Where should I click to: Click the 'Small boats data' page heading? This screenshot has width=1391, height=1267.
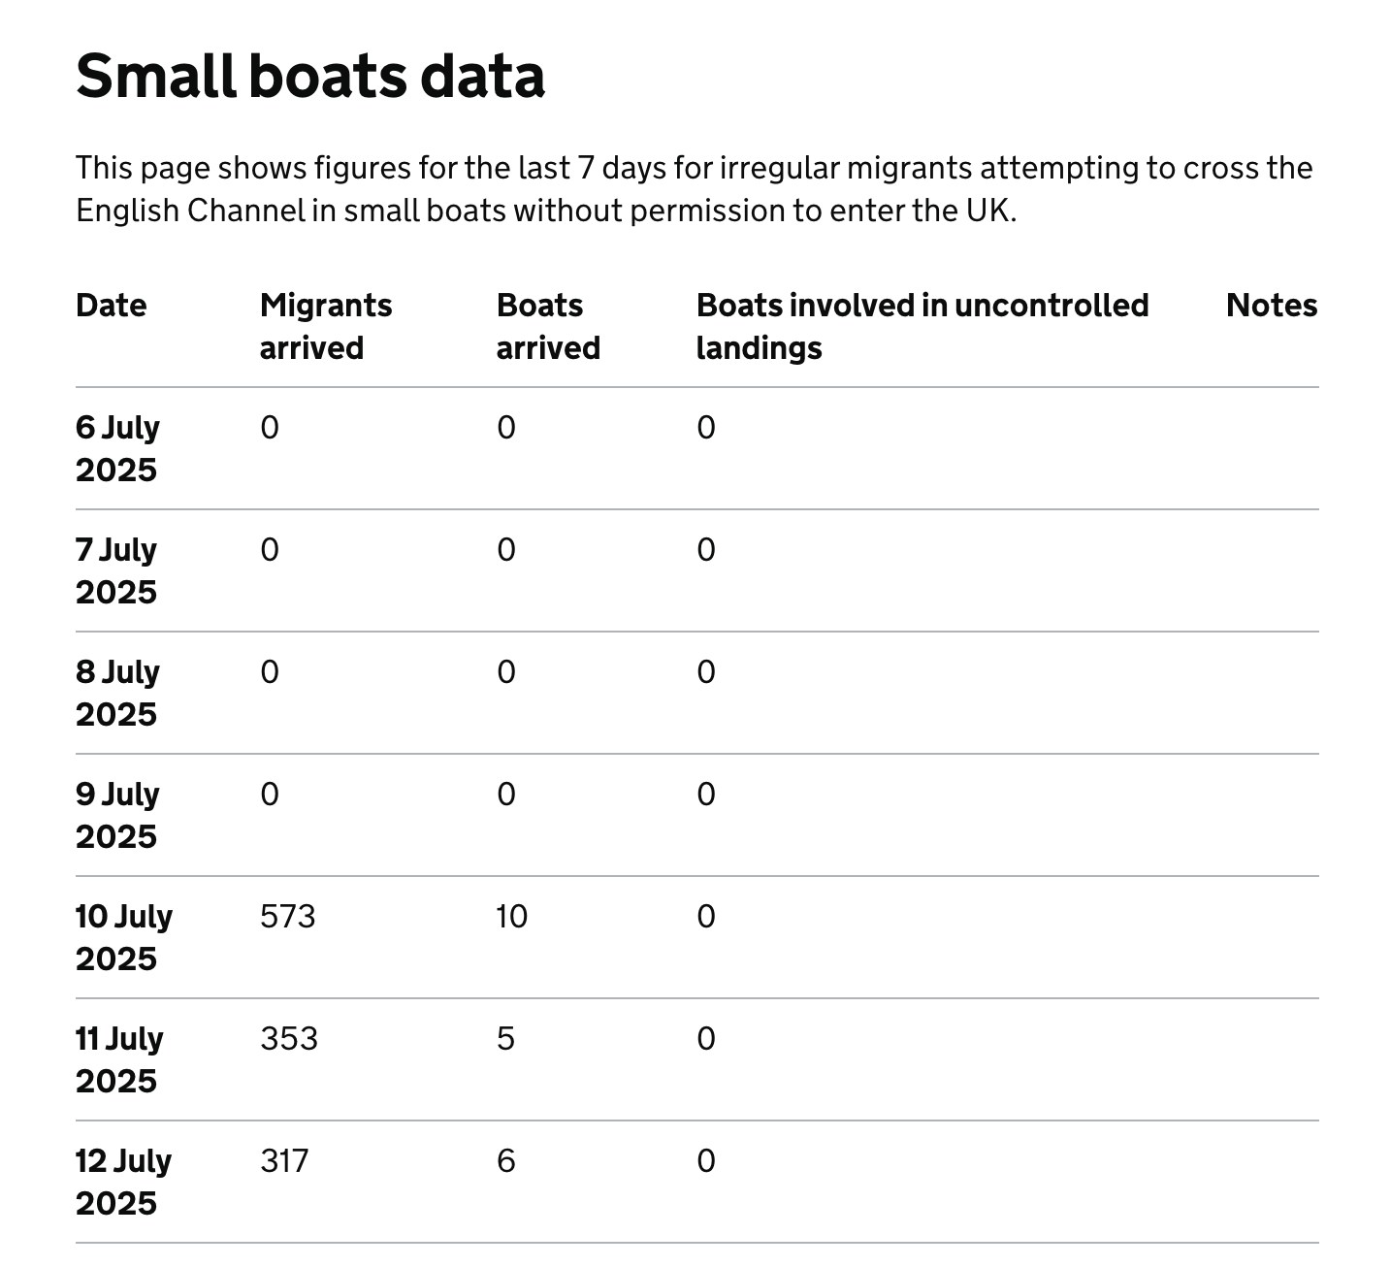point(310,76)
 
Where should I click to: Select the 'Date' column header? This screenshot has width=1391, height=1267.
point(112,306)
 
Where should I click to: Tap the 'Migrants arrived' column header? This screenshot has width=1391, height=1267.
point(326,326)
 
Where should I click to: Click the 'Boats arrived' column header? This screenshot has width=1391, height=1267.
point(548,326)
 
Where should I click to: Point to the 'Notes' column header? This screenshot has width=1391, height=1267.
point(1271,306)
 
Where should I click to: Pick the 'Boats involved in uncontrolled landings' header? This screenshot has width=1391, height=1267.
point(922,326)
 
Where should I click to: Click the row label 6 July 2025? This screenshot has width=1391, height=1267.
point(117,448)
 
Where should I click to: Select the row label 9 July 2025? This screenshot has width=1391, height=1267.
point(117,815)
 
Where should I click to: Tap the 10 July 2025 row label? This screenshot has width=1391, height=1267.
point(123,937)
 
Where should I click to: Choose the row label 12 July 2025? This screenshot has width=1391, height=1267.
point(123,1182)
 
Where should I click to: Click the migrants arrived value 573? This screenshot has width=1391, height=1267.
point(288,917)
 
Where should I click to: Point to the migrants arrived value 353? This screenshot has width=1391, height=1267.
point(289,1039)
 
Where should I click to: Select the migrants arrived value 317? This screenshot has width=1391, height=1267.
point(284,1161)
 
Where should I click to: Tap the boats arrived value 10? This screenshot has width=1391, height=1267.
point(511,917)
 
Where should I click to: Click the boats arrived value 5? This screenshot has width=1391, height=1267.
point(505,1039)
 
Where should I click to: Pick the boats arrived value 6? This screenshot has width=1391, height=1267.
point(505,1161)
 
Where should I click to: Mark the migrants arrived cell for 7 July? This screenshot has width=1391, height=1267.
point(270,550)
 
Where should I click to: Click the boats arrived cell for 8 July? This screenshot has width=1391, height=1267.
point(506,672)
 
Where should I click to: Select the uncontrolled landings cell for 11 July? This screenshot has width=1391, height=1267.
point(706,1039)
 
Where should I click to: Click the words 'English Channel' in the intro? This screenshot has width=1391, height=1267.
point(190,211)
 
